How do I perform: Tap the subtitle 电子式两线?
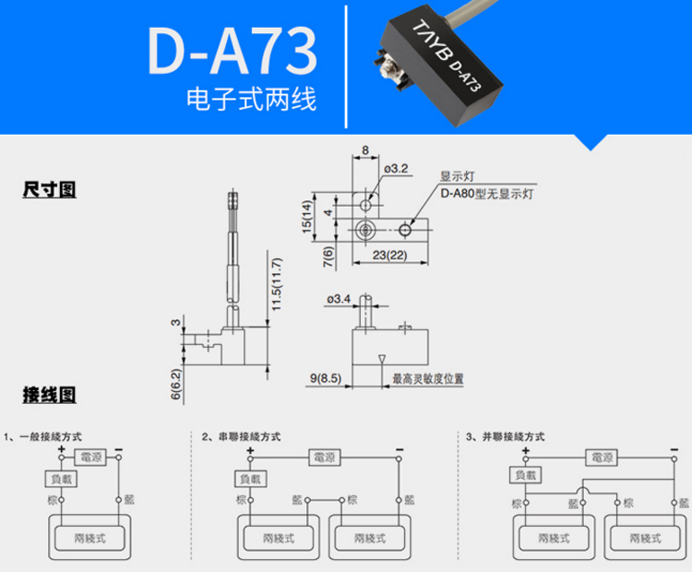click(251, 100)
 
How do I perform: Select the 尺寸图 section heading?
click(49, 190)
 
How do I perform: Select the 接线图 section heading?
click(49, 396)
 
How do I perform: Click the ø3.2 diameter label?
click(395, 169)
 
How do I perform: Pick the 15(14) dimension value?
click(308, 218)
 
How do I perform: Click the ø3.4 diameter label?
click(340, 298)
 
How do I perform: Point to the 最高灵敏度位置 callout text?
click(428, 378)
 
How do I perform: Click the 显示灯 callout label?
click(457, 178)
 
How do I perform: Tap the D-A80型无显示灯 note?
click(487, 194)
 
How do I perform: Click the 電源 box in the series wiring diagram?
click(326, 457)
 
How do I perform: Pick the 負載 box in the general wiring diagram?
click(62, 479)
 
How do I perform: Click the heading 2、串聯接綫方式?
click(241, 436)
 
